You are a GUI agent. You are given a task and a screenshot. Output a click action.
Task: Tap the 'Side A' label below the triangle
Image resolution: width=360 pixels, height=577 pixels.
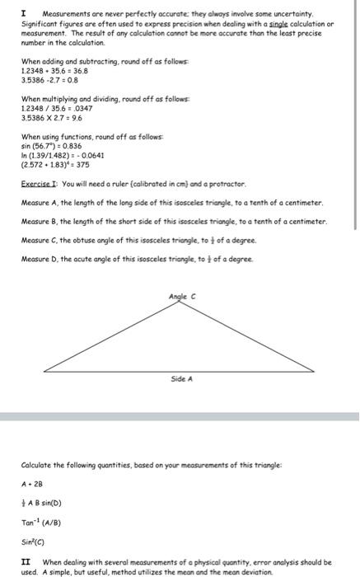[181, 379]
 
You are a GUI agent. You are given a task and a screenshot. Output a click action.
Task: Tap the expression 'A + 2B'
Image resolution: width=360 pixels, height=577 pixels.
[33, 484]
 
